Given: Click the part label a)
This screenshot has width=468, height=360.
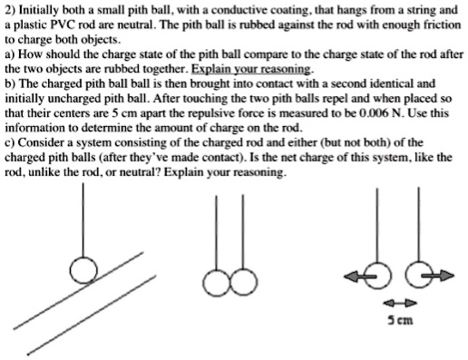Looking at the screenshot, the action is point(10,54).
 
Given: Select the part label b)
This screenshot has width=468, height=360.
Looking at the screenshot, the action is point(10,83).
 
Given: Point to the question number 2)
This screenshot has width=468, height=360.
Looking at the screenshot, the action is point(10,9).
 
